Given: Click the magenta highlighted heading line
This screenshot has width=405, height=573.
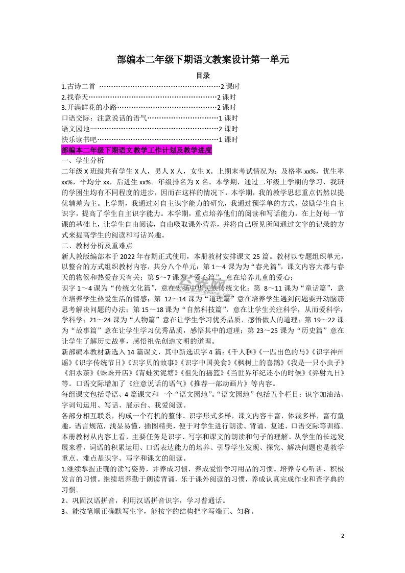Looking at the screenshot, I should tap(136, 150).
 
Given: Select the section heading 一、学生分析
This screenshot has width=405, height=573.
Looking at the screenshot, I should tap(82, 160).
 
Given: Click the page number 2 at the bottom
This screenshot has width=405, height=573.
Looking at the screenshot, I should tap(343, 536).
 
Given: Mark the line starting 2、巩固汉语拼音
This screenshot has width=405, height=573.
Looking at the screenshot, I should tap(144, 501).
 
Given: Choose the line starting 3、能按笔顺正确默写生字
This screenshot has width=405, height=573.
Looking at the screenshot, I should tap(158, 512).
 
